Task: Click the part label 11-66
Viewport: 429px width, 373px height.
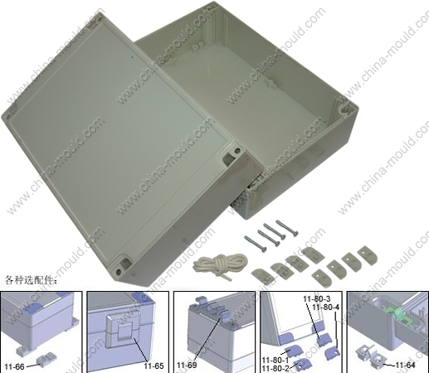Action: pos(15,366)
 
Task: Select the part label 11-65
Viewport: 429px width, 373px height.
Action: pos(154,366)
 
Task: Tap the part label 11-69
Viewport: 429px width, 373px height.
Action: pos(187,365)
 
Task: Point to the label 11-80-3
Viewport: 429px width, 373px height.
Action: pos(317,298)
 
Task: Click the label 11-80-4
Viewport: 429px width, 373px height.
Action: pos(325,307)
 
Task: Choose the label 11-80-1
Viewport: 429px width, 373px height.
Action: pos(275,360)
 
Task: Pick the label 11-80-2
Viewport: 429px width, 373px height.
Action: pos(275,368)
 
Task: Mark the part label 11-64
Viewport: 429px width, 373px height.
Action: pos(406,365)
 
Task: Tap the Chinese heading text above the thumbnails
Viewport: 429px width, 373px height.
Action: pos(31,281)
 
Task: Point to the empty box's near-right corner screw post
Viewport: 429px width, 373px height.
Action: pos(344,109)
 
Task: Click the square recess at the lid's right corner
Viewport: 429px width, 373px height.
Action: pos(227,159)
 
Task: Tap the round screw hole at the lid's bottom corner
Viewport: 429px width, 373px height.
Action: pos(119,271)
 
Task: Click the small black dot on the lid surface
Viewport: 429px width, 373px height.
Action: pos(132,57)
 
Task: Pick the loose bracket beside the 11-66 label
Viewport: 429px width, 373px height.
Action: pos(46,360)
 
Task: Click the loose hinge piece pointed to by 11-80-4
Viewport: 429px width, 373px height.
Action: pos(333,353)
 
